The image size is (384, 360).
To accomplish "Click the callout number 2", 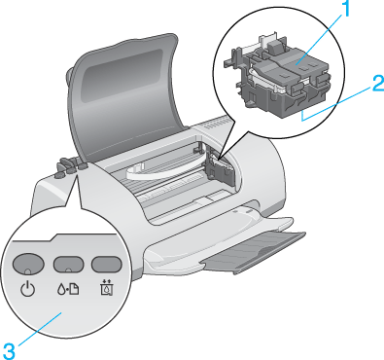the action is [x=378, y=84].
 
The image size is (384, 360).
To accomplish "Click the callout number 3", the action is [x=9, y=351].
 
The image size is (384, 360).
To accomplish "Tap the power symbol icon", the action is [x=27, y=289].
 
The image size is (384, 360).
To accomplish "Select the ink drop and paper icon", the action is [x=68, y=289].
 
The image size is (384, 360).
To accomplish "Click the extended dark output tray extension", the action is [x=254, y=252].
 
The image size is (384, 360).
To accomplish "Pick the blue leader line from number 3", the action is [x=38, y=329].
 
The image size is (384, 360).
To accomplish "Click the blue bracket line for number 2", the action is [x=335, y=103].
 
